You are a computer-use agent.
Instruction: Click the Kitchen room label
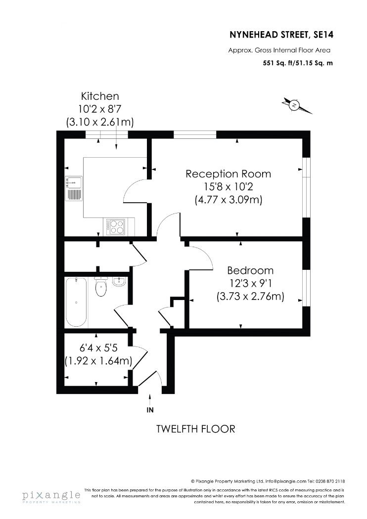pos(100,96)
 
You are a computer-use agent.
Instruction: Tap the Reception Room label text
pos(228,174)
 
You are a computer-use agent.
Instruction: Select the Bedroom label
pos(250,270)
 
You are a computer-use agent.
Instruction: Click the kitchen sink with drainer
pos(74,188)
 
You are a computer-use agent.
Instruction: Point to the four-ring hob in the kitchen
pos(116,227)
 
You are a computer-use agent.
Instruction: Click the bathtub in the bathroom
pos(77,302)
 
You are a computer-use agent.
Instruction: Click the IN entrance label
pos(150,410)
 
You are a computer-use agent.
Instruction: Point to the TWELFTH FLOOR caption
pos(195,429)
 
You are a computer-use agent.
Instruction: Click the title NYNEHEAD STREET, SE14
pos(281,35)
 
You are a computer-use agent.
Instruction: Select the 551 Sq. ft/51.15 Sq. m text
pos(298,63)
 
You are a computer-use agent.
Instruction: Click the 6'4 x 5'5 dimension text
pos(99,348)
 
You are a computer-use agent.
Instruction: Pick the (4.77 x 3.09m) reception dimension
pos(228,200)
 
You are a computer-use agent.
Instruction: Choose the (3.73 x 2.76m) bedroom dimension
pos(250,296)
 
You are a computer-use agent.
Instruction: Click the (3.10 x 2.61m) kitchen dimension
pos(100,122)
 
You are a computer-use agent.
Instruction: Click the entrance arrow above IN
pos(150,399)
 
